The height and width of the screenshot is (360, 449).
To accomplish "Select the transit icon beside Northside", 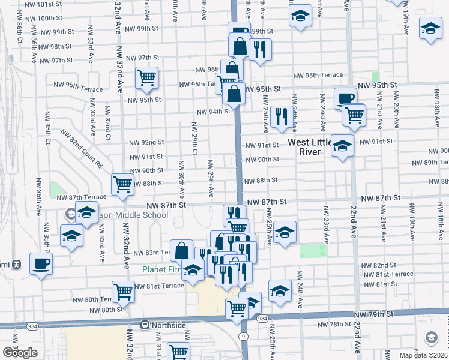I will click(145, 325).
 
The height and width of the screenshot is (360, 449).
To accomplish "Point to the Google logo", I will click(20, 353).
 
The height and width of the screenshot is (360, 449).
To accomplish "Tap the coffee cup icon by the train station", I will click(41, 263).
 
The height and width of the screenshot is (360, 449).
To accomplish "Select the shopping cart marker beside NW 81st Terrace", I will click(123, 292).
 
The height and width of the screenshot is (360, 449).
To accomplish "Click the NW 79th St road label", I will click(374, 314).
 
